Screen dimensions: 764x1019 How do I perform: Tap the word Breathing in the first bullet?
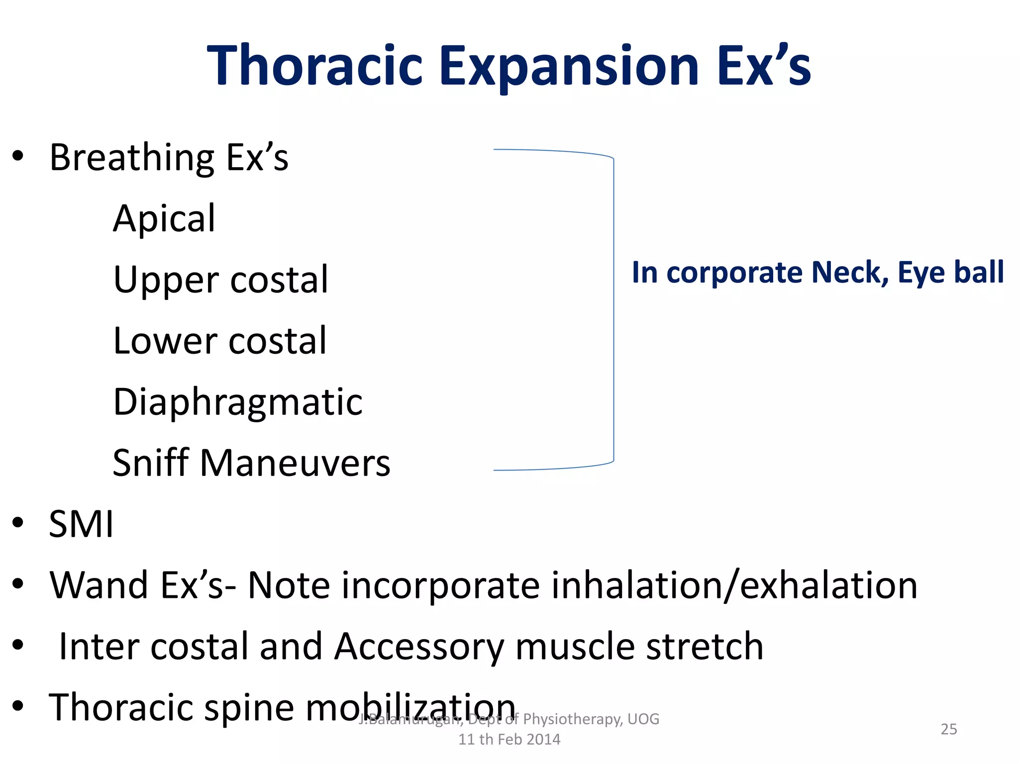(132, 158)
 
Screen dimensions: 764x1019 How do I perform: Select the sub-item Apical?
(164, 219)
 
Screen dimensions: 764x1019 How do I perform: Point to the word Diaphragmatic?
(238, 403)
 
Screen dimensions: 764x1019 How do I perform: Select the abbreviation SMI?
(81, 524)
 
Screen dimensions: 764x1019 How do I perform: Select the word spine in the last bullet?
(249, 708)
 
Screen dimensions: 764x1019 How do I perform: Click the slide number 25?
(948, 729)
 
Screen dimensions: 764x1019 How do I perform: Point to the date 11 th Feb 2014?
(509, 740)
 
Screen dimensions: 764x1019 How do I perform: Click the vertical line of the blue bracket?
(613, 308)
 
